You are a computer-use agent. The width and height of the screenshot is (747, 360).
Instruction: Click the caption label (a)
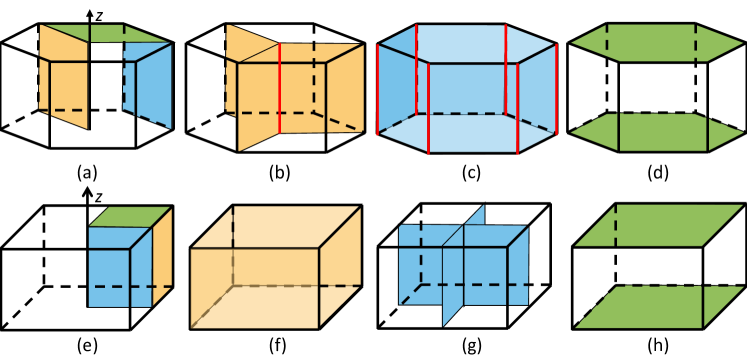point(90,171)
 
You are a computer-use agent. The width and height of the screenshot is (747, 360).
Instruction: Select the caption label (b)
point(279,171)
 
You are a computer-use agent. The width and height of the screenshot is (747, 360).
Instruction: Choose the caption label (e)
point(90,349)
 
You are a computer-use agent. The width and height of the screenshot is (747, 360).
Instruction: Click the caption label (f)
point(279,349)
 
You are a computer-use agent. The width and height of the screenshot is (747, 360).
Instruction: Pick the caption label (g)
point(467,349)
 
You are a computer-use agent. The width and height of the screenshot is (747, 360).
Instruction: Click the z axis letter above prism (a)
point(104,15)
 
